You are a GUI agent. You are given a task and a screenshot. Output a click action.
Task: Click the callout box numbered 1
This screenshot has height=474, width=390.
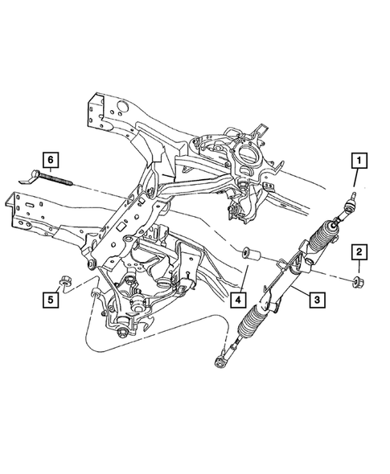pyautogui.click(x=355, y=161)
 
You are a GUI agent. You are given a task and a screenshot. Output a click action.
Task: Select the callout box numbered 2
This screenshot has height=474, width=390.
pyautogui.click(x=359, y=253)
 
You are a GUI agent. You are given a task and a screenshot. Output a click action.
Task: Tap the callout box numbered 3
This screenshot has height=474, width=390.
pyautogui.click(x=318, y=300)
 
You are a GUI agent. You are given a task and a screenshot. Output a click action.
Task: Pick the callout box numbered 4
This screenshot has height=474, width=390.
pyautogui.click(x=238, y=300)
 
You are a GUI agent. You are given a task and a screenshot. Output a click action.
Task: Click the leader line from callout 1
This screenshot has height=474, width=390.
pyautogui.click(x=355, y=180)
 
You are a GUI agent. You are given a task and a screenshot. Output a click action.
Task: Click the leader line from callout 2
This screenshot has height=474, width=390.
pyautogui.click(x=359, y=268)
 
